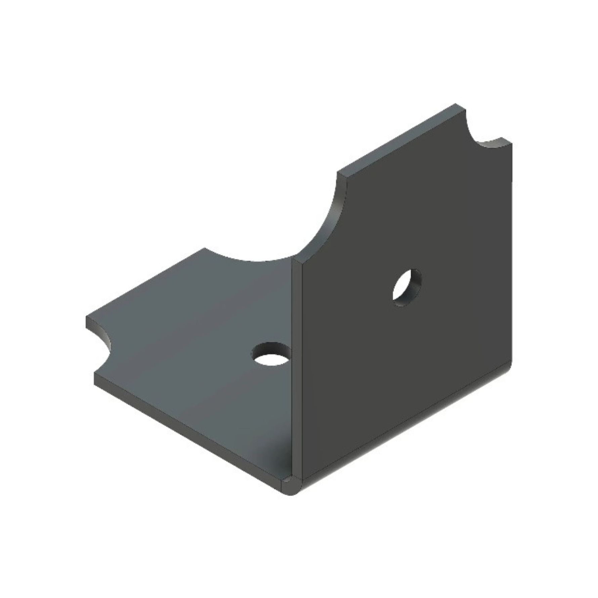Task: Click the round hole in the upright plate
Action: point(407,288)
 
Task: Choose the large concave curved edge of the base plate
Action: point(249,260)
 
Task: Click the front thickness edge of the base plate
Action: point(188,433)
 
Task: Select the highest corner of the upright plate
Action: point(456,104)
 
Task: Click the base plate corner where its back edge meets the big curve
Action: point(205,249)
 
